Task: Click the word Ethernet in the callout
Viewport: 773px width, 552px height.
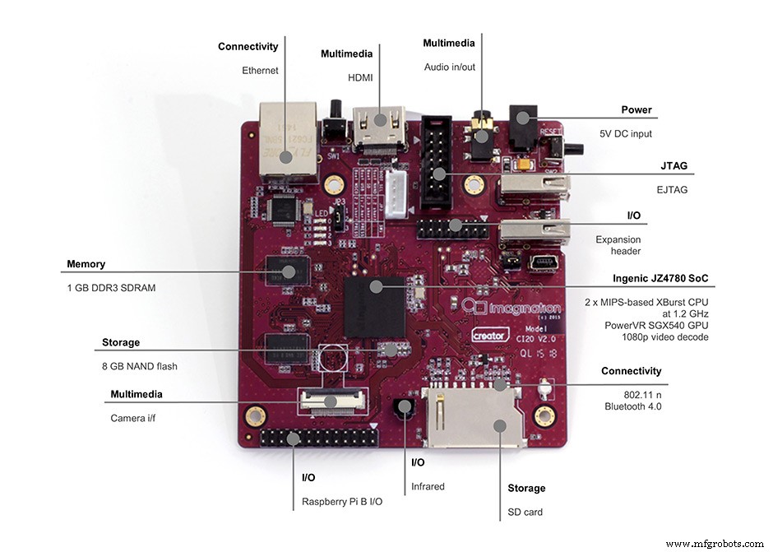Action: click(260, 71)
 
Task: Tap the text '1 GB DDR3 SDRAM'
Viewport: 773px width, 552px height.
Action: click(111, 288)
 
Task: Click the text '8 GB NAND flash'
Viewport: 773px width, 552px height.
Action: click(140, 366)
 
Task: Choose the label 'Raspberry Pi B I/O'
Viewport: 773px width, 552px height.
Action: click(342, 501)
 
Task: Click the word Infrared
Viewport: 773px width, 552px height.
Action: click(428, 486)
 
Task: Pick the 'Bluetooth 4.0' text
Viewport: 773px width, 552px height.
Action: click(633, 406)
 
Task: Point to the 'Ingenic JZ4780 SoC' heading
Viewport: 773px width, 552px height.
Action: click(660, 278)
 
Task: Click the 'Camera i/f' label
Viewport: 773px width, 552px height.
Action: click(135, 418)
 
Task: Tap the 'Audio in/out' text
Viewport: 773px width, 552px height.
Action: click(450, 67)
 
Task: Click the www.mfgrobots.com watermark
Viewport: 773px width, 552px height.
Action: click(714, 544)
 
